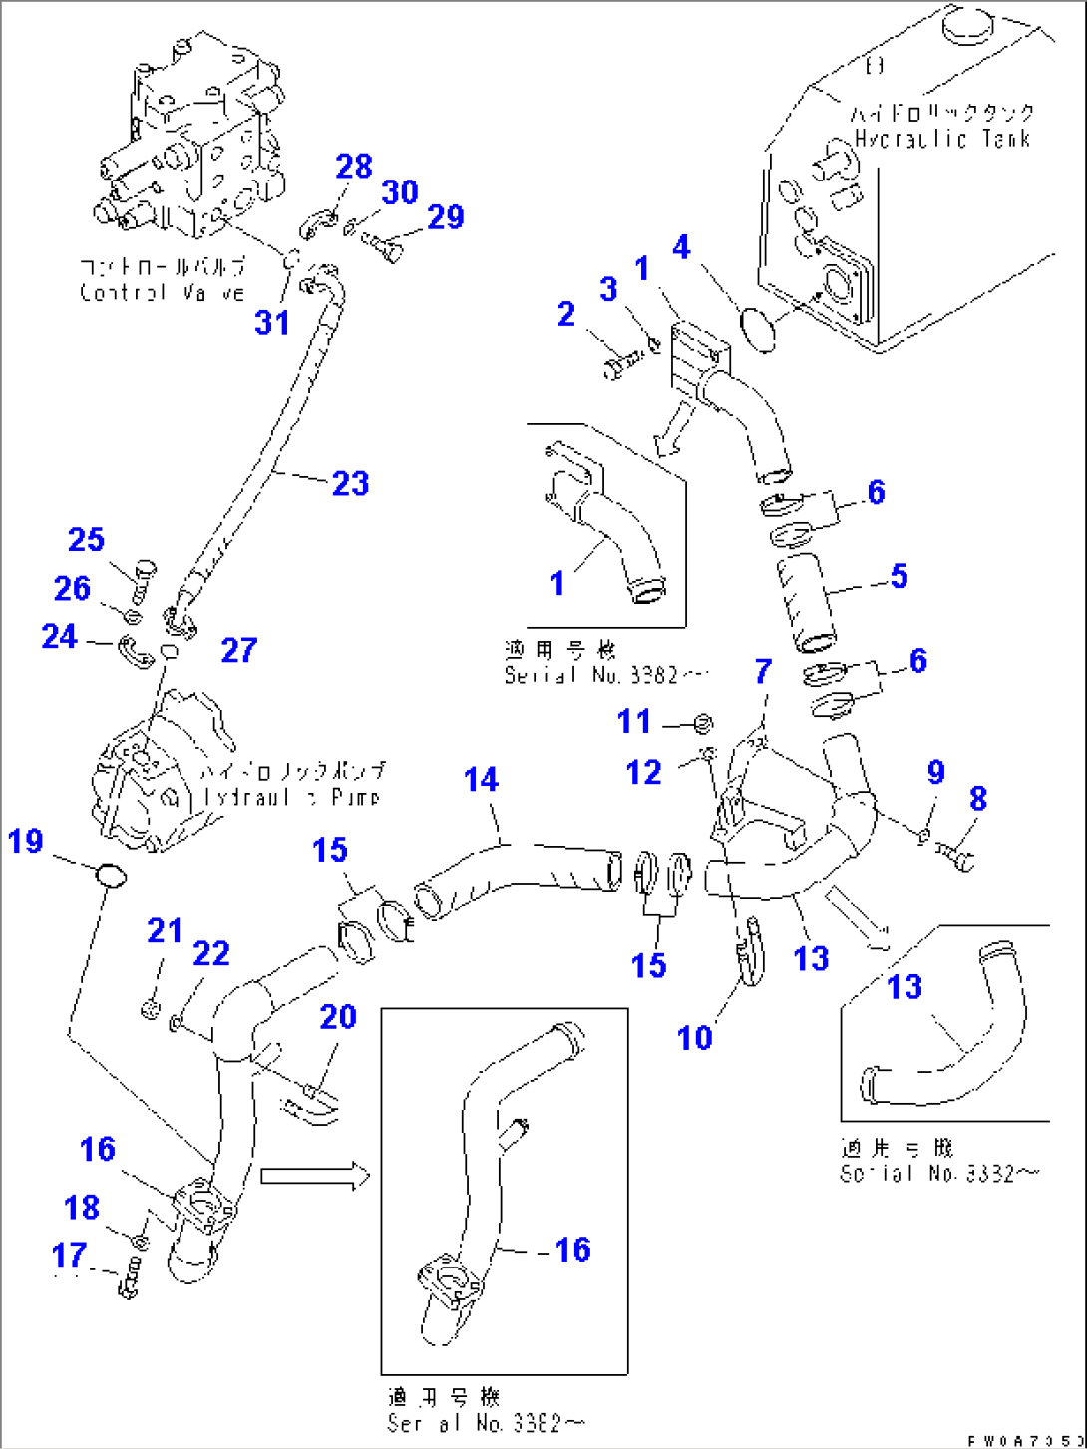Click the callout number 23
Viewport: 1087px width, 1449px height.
[x=350, y=484]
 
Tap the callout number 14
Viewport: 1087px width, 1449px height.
[x=481, y=780]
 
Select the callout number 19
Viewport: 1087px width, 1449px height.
[x=26, y=841]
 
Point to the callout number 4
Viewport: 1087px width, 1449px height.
[x=681, y=247]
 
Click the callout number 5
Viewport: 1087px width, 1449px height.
[x=899, y=576]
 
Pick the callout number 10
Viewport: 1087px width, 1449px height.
[x=694, y=1038]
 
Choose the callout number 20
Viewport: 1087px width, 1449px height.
[x=338, y=1017]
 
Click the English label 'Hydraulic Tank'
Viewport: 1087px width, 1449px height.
[x=942, y=138]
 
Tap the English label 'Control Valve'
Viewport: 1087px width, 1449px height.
[x=162, y=292]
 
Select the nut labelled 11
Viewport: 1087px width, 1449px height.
[x=701, y=723]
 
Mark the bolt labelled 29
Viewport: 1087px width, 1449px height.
[x=383, y=243]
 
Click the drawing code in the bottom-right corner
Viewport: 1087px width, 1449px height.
[x=1022, y=1440]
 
